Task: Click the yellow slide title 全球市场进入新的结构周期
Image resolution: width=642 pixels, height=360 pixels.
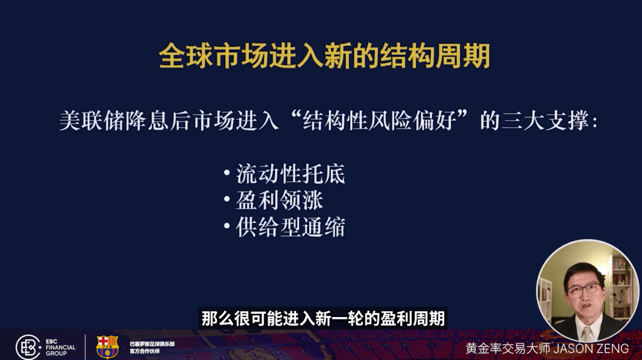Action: [324, 56]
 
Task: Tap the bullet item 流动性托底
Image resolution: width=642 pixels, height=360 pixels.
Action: [290, 174]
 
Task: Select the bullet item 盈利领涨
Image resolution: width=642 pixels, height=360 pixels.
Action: [279, 200]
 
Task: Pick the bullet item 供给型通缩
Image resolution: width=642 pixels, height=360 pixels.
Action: [290, 227]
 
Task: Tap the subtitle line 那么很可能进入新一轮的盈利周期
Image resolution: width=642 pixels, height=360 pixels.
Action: [323, 319]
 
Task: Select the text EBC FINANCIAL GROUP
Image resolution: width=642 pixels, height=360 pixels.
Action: [60, 347]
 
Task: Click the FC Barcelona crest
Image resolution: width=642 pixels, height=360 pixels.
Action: [107, 347]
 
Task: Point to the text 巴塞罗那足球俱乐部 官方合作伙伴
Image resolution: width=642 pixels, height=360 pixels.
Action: [152, 347]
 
